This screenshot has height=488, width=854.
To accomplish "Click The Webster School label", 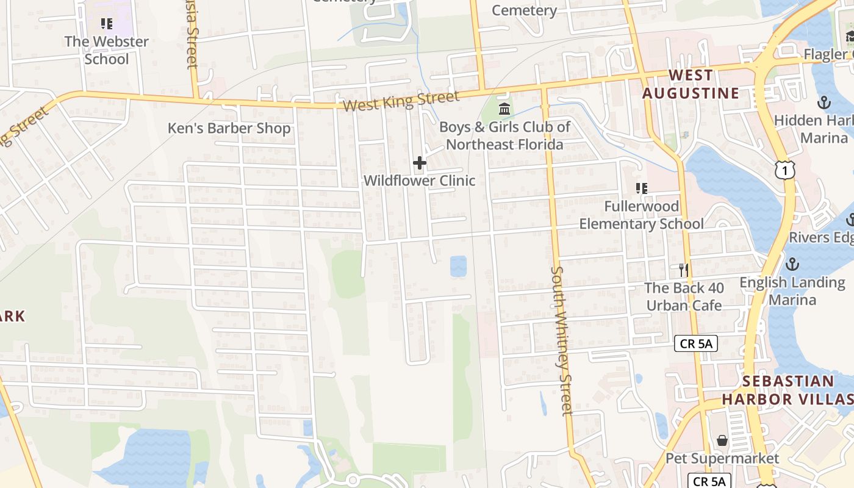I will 107,51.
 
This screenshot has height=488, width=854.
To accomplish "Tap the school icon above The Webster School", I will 107,24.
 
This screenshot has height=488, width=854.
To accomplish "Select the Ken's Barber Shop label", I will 229,129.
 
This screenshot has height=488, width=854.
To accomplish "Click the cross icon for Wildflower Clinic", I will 420,163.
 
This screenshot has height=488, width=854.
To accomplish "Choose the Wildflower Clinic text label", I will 420,181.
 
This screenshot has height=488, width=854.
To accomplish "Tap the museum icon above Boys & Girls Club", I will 504,109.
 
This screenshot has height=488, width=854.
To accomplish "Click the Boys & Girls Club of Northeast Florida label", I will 504,136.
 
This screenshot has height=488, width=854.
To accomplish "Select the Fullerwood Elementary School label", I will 641,215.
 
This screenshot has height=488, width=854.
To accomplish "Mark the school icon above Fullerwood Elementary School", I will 641,188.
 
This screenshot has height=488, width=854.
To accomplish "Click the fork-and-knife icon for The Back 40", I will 684,269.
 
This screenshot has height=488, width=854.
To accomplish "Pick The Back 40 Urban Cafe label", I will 684,296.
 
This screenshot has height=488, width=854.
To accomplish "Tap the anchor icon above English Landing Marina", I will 792,264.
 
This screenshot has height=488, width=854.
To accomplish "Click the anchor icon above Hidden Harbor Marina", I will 824,102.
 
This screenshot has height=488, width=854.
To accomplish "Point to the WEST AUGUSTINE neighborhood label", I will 691,84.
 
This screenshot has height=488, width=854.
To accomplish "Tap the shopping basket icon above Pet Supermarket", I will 722,440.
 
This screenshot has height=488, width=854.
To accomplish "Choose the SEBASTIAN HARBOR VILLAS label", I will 788,390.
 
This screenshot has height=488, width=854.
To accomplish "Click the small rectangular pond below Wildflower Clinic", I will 458,266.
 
